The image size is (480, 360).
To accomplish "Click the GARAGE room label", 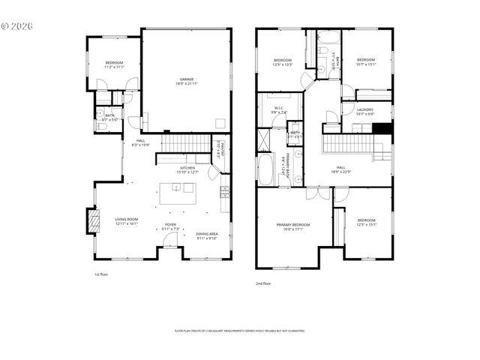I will coord(186,80).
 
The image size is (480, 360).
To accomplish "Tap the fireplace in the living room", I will coord(93,221).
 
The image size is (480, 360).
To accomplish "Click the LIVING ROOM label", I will coord(127,221).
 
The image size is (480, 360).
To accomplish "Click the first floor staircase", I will coord(188,142).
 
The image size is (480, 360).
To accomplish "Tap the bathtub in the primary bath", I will coord(267,169).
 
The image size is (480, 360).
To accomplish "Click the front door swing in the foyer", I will coord(172,240).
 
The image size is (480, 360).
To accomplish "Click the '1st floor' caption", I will coord(102,274).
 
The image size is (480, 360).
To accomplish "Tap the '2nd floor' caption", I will coord(262,283).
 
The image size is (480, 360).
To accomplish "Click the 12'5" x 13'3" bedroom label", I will coord(282,61).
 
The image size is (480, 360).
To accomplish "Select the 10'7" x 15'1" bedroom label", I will coord(365,61).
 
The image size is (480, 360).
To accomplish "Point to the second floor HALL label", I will coord(341,169).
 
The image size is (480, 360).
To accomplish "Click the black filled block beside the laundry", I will coord(382,127).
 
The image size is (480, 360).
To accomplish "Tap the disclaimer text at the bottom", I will coord(240,330).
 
